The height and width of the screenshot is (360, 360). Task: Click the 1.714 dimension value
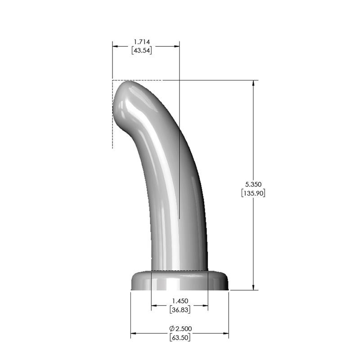(142, 42)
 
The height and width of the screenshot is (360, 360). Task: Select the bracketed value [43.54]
(141, 51)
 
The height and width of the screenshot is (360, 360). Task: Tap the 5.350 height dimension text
(252, 184)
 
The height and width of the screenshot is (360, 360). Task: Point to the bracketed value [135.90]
(252, 193)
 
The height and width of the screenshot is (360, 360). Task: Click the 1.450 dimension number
(180, 301)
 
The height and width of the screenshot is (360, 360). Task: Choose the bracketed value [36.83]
(180, 310)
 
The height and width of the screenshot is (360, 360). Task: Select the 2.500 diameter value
(183, 328)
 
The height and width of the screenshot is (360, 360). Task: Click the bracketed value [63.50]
(180, 337)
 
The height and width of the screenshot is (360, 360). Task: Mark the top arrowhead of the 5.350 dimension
(254, 83)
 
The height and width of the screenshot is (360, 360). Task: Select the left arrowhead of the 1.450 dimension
(154, 306)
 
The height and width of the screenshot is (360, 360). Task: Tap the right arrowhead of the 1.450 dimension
(205, 306)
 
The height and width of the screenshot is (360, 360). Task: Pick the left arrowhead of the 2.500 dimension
(133, 333)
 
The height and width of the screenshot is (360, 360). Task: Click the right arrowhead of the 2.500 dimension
(226, 333)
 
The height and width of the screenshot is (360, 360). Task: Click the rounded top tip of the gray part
(128, 85)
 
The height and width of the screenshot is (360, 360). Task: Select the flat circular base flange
(180, 281)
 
